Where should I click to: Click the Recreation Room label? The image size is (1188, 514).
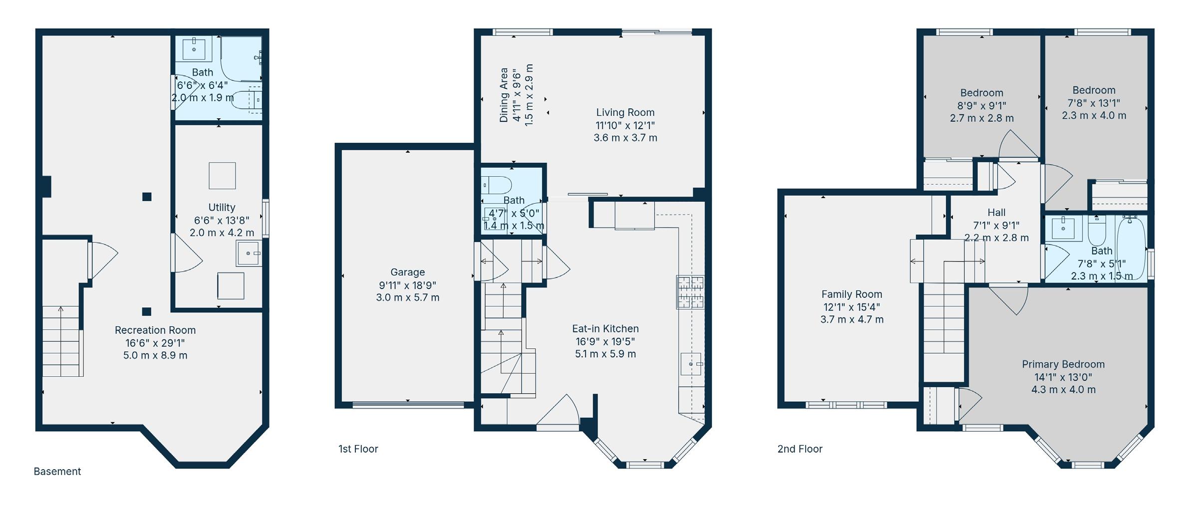155,330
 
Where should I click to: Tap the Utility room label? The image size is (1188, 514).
222,208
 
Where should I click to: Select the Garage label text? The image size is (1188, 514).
408,272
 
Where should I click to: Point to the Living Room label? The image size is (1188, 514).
625,113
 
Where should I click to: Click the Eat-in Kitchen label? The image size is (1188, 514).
605,329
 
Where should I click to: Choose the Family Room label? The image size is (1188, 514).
852,294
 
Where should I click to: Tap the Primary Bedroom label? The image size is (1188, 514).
1063,364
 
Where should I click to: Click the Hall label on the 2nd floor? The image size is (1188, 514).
996,213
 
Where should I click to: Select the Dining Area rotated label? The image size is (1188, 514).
504,95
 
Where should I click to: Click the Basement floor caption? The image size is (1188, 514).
57,472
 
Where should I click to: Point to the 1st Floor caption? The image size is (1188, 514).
358,449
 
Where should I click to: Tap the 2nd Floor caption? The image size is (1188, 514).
800,449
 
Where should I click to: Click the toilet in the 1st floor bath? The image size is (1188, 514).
497,185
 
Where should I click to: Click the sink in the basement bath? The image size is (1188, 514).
194,49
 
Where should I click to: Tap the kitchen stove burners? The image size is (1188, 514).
690,291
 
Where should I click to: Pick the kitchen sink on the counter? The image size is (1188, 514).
691,364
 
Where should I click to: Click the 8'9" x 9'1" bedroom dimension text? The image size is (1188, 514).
981,106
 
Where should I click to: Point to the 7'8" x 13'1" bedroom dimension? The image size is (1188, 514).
1094,103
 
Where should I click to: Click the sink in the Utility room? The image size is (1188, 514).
249,254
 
